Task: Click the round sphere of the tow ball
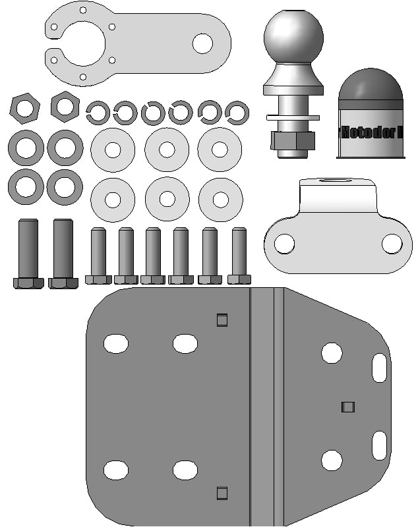pos(293,36)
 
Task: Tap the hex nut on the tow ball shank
pos(293,140)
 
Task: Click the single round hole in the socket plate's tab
pos(202,43)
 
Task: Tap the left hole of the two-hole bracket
pos(284,243)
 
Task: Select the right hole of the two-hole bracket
pos(392,243)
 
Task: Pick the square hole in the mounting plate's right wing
pos(348,407)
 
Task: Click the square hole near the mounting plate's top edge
pos(222,320)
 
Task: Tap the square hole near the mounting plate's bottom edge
pos(222,493)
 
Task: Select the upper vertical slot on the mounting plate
pos(379,368)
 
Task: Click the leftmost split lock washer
pos(98,113)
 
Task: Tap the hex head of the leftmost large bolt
pos(28,283)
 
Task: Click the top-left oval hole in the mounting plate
pos(115,343)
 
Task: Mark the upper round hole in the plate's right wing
pos(332,353)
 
